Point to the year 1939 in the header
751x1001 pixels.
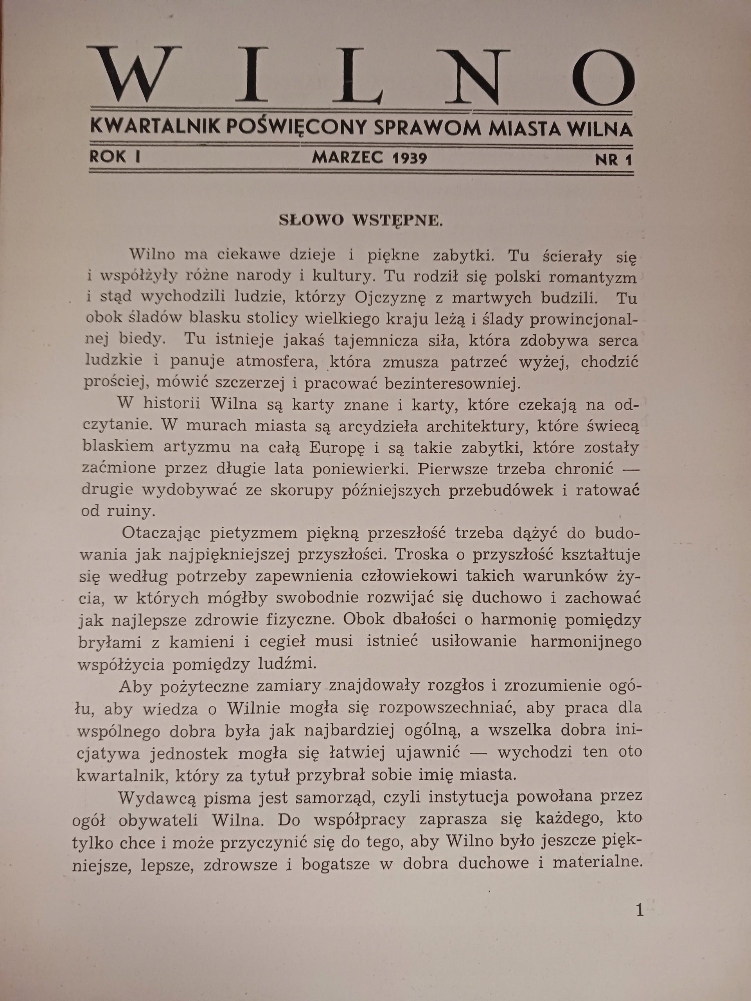(x=410, y=158)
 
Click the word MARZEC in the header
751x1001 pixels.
(x=348, y=158)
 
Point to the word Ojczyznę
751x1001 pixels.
(x=390, y=298)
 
